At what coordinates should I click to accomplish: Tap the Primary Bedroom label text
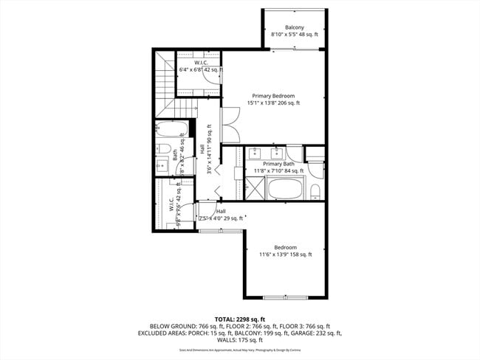click(273, 96)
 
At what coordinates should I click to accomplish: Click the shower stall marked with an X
click(253, 190)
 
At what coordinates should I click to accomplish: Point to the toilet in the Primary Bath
click(315, 192)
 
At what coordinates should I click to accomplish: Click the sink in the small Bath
click(162, 166)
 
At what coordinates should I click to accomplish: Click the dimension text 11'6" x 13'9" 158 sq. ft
click(285, 255)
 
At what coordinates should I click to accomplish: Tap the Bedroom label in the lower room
click(285, 247)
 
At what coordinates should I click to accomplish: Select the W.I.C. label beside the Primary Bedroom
click(200, 63)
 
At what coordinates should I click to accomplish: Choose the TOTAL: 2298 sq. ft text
click(240, 318)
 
